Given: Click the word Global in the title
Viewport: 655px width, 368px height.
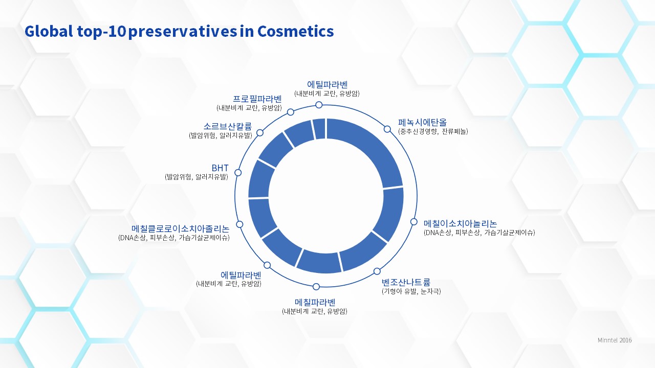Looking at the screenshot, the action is point(49,31).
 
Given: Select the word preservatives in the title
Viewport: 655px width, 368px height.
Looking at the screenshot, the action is point(183,32).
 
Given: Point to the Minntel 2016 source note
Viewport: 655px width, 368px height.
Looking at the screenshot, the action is point(615,340).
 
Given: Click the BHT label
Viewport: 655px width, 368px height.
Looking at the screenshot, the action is point(220,168).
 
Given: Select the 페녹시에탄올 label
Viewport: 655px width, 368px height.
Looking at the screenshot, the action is point(422,122).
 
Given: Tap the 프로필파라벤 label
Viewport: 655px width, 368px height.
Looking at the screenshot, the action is point(257,99).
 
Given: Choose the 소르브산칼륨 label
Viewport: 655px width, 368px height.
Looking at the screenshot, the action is point(228,126).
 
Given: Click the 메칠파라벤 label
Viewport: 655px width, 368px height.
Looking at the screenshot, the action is point(315,302).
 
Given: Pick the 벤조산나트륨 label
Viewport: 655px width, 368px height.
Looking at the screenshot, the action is point(406,282).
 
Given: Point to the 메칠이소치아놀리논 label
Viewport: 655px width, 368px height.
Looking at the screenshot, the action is point(460,223).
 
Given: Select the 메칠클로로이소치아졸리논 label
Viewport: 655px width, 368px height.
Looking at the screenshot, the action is point(181,228).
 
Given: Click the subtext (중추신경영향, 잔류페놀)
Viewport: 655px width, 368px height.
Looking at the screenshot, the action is point(433,131).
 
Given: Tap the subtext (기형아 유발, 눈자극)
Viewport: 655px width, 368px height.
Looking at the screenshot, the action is point(411,291).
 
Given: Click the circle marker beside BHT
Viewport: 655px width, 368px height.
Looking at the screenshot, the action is point(238,173).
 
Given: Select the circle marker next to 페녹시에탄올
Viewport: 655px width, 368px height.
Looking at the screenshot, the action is point(387,129).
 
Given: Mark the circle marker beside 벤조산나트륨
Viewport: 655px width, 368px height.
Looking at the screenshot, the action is point(377,271).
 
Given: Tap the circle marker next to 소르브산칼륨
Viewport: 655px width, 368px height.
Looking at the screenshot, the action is point(259,133).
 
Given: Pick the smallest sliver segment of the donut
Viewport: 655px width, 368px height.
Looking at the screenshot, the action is point(319,129).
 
